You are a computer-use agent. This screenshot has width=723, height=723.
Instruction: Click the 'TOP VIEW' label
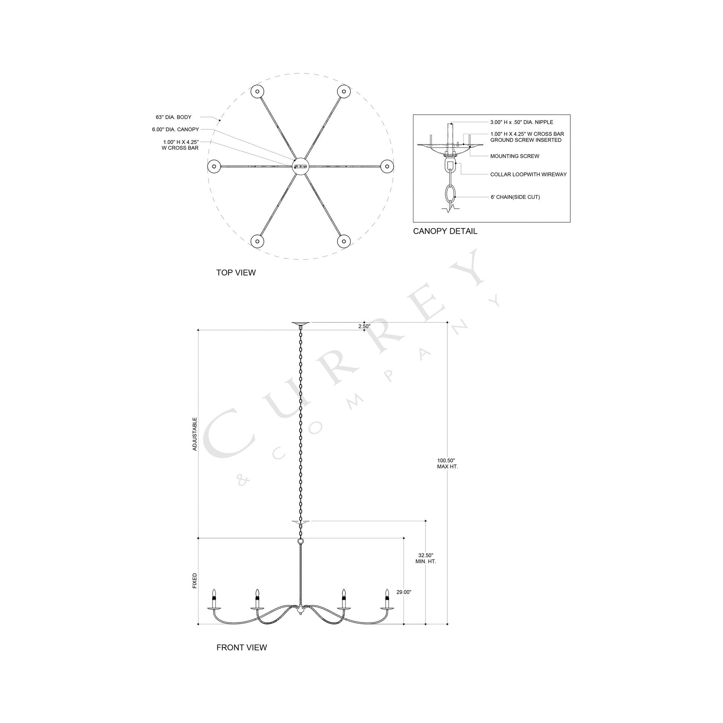(x=236, y=272)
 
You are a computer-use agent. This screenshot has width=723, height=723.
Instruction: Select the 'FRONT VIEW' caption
(x=241, y=647)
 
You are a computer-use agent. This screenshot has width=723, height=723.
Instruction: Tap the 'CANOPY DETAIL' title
(x=445, y=231)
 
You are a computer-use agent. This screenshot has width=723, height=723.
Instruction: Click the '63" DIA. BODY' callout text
(x=174, y=117)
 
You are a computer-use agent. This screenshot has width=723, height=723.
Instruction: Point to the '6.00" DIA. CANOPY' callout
(x=175, y=130)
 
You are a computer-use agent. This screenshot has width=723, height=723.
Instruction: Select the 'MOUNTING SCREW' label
(x=515, y=156)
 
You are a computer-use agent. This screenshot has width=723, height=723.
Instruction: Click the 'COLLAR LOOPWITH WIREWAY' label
(x=528, y=174)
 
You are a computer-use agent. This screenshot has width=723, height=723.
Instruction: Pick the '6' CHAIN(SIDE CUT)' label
(x=515, y=197)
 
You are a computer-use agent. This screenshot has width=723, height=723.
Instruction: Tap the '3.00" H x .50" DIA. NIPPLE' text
(x=522, y=122)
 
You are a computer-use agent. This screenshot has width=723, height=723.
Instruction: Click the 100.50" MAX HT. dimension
(x=447, y=464)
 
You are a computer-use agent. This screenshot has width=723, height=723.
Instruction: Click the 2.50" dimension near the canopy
(x=364, y=326)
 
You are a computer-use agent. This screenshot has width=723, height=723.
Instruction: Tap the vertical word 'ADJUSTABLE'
(x=195, y=434)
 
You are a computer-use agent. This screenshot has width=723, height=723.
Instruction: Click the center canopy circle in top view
(x=301, y=166)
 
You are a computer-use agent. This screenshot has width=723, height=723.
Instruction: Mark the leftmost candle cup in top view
(x=214, y=166)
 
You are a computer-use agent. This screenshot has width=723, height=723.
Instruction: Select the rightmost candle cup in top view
(x=387, y=166)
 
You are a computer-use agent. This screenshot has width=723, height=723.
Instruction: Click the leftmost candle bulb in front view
(x=214, y=593)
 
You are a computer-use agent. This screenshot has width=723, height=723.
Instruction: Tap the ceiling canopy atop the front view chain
(x=301, y=323)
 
